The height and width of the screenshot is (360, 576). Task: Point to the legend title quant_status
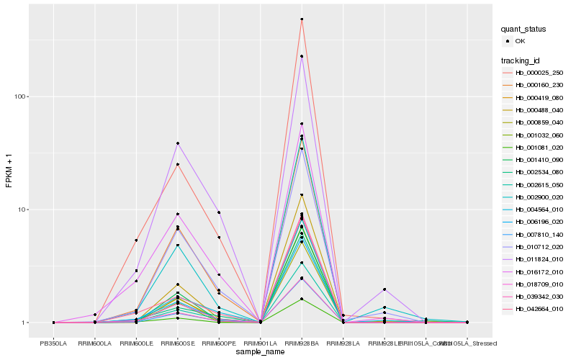click(524, 29)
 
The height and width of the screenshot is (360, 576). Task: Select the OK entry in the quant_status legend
click(520, 42)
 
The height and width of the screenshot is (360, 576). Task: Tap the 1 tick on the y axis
click(24, 323)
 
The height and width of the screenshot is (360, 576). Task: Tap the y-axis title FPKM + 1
click(9, 171)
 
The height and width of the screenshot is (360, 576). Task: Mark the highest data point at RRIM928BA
click(302, 19)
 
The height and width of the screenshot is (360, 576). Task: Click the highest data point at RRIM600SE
click(177, 143)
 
